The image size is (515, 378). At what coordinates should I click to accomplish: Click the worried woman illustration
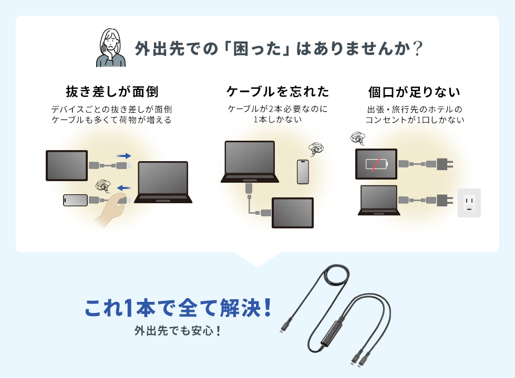coord(111,48)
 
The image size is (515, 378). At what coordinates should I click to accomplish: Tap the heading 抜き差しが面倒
coord(111,91)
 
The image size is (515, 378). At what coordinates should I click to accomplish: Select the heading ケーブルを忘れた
coord(277,91)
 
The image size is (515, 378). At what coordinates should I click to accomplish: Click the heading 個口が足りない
coord(415,91)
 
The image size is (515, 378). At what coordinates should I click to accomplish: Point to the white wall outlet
coord(469,203)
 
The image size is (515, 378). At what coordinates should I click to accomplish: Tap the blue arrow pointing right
coord(124,155)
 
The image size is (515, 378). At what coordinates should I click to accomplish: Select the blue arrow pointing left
coord(124,187)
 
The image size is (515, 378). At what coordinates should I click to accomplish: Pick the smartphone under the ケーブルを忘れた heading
coord(303,172)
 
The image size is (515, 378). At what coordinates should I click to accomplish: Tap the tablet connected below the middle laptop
coord(292,213)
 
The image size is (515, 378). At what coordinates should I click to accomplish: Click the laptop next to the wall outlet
coord(378,200)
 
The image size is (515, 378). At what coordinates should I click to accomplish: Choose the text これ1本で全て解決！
coord(179,308)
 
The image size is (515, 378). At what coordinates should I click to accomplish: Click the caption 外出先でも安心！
coord(177,331)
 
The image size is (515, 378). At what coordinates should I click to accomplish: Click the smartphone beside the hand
coord(75,200)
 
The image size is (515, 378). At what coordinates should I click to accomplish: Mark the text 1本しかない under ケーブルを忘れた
coord(277,120)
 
